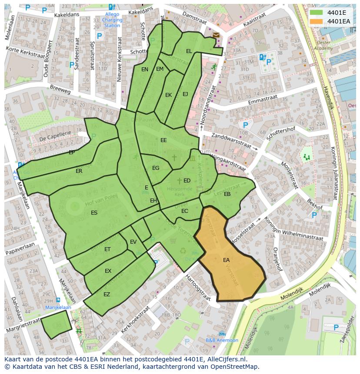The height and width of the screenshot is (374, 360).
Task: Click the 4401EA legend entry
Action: coord(339,21)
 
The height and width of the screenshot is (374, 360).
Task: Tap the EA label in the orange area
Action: coord(226,260)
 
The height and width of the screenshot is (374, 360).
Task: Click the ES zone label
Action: coord(94,213)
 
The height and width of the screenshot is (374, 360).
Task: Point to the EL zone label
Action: coord(189,51)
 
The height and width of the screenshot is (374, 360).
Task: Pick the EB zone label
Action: coord(227,194)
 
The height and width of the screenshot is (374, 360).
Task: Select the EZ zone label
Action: coord(107,295)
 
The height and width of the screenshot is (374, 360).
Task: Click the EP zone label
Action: coord(72,152)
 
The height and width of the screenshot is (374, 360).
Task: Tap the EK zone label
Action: coord(169,95)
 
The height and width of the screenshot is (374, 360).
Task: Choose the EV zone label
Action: coord(133,242)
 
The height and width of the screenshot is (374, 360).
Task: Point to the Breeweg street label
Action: coord(60,92)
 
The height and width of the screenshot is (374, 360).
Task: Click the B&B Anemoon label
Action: coord(222,340)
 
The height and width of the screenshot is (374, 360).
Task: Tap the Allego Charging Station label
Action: coord(112,20)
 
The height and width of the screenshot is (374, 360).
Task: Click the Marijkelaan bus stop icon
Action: coord(58,300)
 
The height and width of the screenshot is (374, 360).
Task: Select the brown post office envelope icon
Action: coord(216,35)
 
